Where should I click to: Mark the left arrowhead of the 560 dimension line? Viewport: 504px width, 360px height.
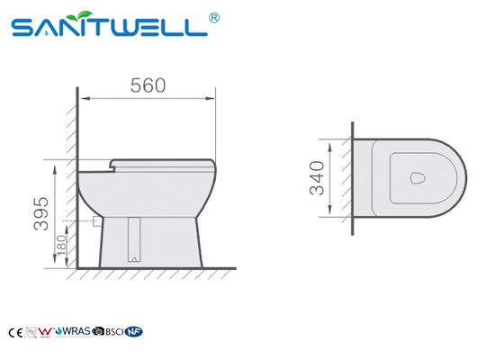tap(81, 98)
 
